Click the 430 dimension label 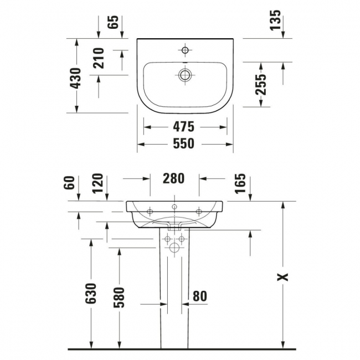click(x=76, y=78)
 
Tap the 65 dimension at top click(x=113, y=22)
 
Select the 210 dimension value click(x=99, y=58)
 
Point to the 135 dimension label click(x=275, y=20)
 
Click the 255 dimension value click(x=261, y=85)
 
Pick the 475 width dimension click(x=183, y=127)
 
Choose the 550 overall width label click(x=183, y=143)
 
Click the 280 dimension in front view click(x=173, y=178)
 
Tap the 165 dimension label click(x=240, y=183)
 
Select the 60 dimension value click(x=69, y=183)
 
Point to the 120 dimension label click(x=97, y=183)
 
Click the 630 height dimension click(x=91, y=294)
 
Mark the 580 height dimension click(x=119, y=297)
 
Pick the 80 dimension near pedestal click(x=200, y=296)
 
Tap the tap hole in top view click(x=185, y=50)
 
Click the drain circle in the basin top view click(x=185, y=75)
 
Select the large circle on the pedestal click(x=174, y=248)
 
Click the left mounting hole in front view click(x=150, y=212)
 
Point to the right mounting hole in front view click(x=199, y=212)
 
